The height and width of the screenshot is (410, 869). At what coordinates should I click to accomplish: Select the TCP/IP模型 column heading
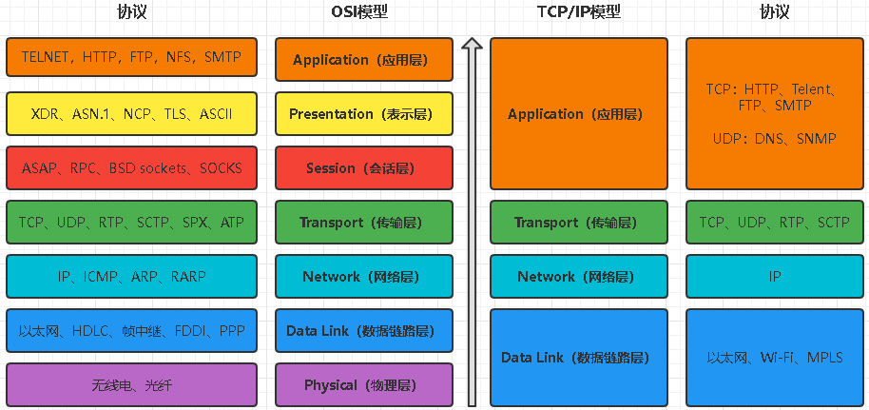[578, 12]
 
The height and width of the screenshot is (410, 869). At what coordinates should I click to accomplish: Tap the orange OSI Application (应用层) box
[360, 60]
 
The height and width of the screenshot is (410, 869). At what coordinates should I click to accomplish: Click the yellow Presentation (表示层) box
[360, 114]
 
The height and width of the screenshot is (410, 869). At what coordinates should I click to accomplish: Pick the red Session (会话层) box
[360, 168]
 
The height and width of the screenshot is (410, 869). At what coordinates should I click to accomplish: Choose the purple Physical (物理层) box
[360, 385]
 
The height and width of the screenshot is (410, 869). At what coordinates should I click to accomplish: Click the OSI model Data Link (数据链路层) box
[360, 331]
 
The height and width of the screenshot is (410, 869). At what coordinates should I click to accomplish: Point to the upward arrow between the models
[472, 219]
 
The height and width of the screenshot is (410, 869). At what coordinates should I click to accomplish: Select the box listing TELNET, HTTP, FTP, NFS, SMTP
[131, 58]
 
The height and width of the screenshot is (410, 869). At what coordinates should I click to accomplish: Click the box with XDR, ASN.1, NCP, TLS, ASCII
[131, 114]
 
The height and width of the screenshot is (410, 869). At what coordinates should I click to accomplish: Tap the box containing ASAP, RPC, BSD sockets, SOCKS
[131, 168]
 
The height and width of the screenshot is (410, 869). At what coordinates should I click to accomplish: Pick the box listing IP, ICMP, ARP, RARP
[131, 277]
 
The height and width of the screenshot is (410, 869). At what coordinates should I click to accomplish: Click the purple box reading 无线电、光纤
[131, 385]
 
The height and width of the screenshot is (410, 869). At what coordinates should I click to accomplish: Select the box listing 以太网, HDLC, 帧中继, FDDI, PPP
[131, 331]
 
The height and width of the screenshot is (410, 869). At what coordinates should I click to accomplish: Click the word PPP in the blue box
[231, 331]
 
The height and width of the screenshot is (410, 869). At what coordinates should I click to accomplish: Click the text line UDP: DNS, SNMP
[774, 139]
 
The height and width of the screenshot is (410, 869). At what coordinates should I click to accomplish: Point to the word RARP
[188, 277]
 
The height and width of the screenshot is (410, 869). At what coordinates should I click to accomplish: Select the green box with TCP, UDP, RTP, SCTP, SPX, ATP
[131, 223]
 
